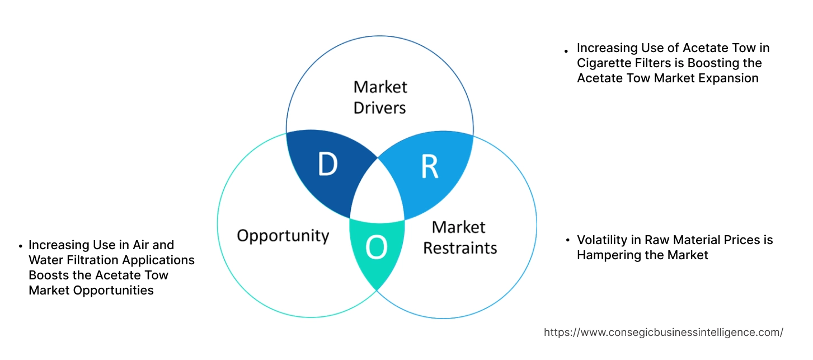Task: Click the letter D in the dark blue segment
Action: pos(327,163)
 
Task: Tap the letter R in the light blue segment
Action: pos(429,166)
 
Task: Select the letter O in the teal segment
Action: pos(376,248)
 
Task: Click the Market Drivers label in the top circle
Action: pos(380,97)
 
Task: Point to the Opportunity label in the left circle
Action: pos(283,235)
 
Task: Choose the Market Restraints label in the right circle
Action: pos(459,237)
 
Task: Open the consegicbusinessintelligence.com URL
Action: pos(663,333)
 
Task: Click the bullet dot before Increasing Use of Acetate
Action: pos(567,50)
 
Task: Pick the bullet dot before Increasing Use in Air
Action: pos(21,246)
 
